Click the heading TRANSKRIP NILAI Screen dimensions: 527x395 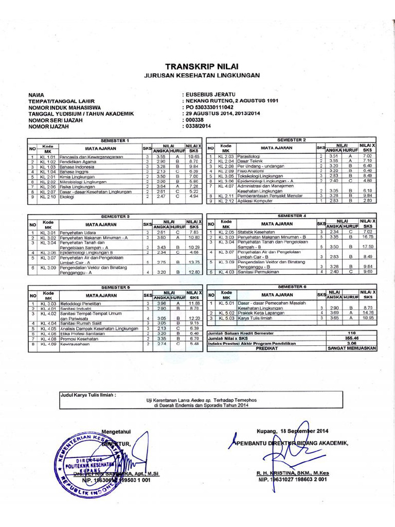(x=202, y=66)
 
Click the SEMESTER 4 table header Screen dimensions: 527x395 (x=292, y=215)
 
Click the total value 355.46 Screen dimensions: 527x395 (x=352, y=338)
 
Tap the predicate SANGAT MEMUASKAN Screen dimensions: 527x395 (x=352, y=348)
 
